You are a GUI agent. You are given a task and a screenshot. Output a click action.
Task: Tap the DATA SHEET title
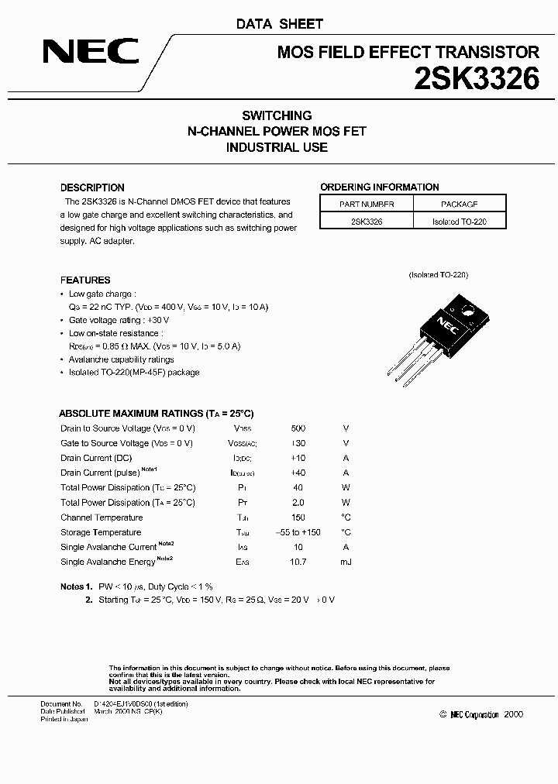click(x=279, y=24)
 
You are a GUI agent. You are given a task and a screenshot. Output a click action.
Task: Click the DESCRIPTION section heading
click(x=92, y=187)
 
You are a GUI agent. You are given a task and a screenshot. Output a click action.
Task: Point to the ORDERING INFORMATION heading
click(x=379, y=187)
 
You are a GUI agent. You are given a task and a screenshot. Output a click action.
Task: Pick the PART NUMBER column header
click(x=367, y=204)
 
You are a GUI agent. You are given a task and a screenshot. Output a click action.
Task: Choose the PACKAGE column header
click(x=459, y=204)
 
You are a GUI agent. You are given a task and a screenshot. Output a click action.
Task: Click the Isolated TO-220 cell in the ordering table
click(x=459, y=221)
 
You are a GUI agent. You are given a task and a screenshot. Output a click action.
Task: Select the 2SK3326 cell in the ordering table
click(x=367, y=221)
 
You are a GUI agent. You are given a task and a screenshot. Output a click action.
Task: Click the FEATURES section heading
click(x=85, y=280)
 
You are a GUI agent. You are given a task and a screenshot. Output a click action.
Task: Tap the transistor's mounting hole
click(x=467, y=311)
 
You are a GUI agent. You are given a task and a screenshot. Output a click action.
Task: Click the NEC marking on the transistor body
click(x=446, y=322)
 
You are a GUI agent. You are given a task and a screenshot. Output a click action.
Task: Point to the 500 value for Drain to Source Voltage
click(x=298, y=428)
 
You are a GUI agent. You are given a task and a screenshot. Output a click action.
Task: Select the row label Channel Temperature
click(x=102, y=518)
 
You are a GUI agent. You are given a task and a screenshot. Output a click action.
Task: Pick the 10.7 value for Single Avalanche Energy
click(x=298, y=562)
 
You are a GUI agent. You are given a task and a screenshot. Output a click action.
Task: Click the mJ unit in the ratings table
click(x=346, y=562)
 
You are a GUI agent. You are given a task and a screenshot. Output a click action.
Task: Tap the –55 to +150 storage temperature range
click(x=298, y=532)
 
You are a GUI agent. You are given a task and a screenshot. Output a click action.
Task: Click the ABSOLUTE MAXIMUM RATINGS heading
click(x=157, y=414)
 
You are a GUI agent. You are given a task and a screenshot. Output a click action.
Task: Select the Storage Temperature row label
click(x=101, y=532)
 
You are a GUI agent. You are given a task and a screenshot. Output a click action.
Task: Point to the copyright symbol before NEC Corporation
click(x=443, y=714)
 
